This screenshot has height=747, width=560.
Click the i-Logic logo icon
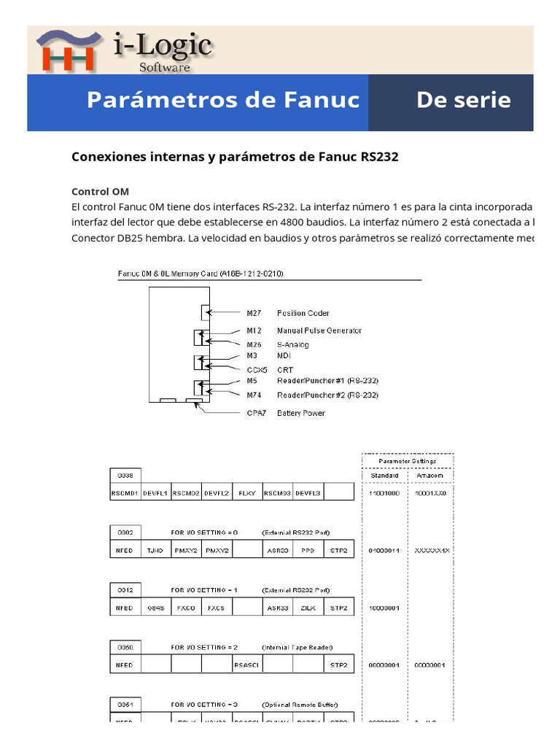tap(67, 51)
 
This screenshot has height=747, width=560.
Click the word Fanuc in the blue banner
tap(324, 101)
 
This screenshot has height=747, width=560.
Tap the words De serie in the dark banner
tap(463, 101)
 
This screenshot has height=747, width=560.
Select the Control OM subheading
tap(100, 191)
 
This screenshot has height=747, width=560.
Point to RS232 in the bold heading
tap(379, 157)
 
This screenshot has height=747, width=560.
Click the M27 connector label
tap(253, 313)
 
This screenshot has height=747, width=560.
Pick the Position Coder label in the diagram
tap(303, 313)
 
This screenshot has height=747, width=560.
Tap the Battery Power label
tap(301, 413)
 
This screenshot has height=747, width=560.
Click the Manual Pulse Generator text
tap(319, 330)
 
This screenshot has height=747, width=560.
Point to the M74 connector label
tap(253, 395)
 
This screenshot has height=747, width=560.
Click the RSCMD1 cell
tap(125, 493)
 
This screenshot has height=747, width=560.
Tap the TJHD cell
tap(155, 550)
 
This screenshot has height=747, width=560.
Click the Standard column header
tap(384, 476)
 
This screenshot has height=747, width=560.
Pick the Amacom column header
tap(430, 476)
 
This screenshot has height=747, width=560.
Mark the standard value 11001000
tap(384, 493)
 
